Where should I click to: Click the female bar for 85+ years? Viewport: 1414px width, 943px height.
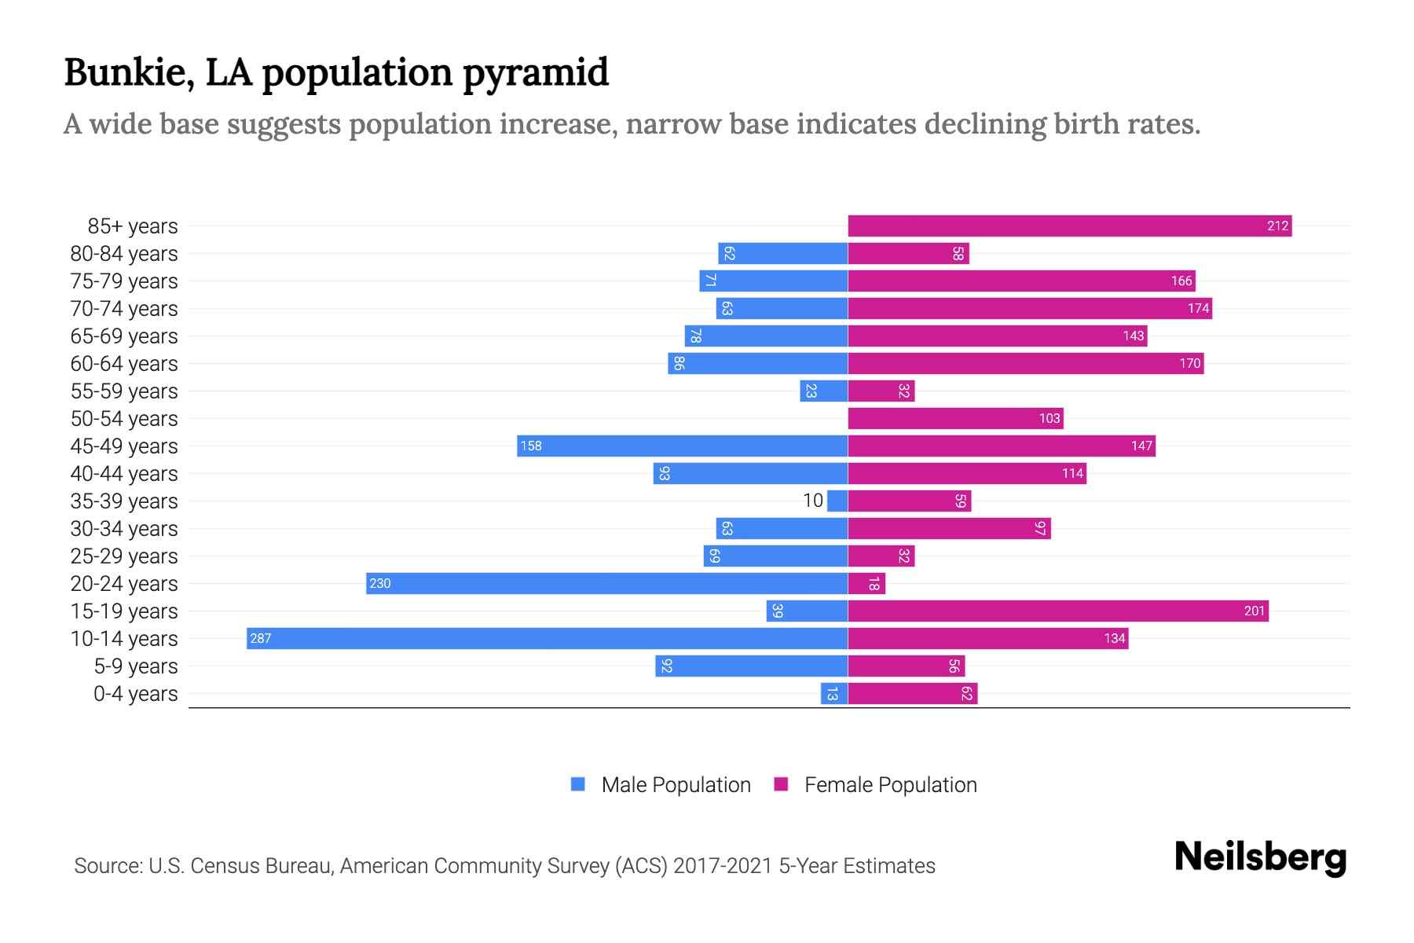(x=1068, y=226)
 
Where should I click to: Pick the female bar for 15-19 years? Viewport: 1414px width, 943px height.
(x=1057, y=611)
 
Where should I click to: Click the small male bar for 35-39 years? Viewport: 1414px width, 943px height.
(x=837, y=501)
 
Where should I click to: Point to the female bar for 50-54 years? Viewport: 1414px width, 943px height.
(x=955, y=418)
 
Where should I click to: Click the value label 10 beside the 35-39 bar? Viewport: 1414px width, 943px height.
(x=813, y=501)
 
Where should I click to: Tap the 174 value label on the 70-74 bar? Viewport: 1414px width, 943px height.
(x=1198, y=309)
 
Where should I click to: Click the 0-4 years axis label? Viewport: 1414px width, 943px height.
(x=135, y=694)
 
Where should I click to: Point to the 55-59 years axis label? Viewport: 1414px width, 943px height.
(x=124, y=391)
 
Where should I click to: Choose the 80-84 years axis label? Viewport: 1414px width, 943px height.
(x=124, y=254)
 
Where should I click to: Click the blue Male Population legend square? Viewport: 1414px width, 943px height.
(x=578, y=784)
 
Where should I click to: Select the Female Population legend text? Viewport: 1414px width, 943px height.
(x=890, y=785)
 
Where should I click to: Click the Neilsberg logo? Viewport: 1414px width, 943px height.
(x=1260, y=857)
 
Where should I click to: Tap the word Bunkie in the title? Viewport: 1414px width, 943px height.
(x=129, y=72)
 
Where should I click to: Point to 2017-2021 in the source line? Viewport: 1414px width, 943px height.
(x=722, y=866)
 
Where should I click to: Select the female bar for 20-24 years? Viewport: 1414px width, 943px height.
(x=866, y=583)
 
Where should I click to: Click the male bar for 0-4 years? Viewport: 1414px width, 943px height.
(x=834, y=693)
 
